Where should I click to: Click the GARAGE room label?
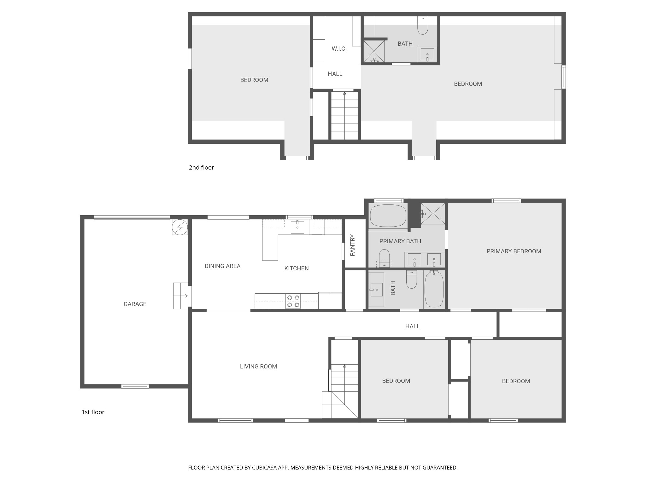[135, 304]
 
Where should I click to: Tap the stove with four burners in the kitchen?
[293, 301]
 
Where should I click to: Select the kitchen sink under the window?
[297, 227]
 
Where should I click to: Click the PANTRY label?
[353, 245]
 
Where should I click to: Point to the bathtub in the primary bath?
[388, 216]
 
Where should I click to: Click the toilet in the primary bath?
[384, 256]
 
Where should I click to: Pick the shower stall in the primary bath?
[433, 214]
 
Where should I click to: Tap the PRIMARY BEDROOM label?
[514, 251]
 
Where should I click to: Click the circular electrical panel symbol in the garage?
[180, 227]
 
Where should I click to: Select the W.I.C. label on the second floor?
[339, 49]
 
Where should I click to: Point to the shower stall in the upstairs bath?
[374, 51]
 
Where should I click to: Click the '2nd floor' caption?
[201, 168]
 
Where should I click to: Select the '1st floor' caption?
[93, 412]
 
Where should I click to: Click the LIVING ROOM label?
[258, 366]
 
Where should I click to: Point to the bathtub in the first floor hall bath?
[434, 289]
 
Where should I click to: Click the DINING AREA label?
[222, 266]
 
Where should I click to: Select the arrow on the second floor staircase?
[344, 93]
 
